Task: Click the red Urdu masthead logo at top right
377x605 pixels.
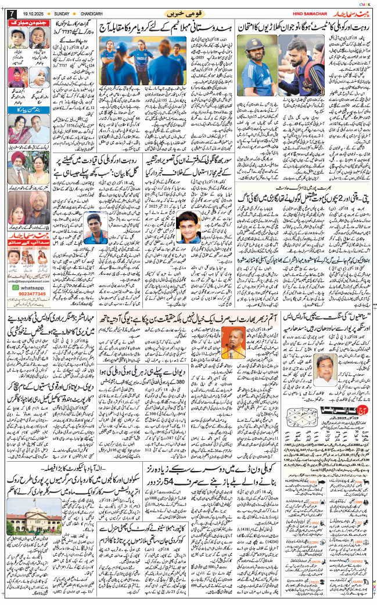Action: [x=349, y=12]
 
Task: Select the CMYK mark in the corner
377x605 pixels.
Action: [x=365, y=3]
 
